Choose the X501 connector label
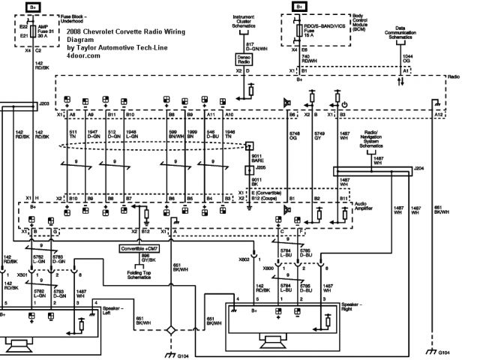(25, 274)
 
